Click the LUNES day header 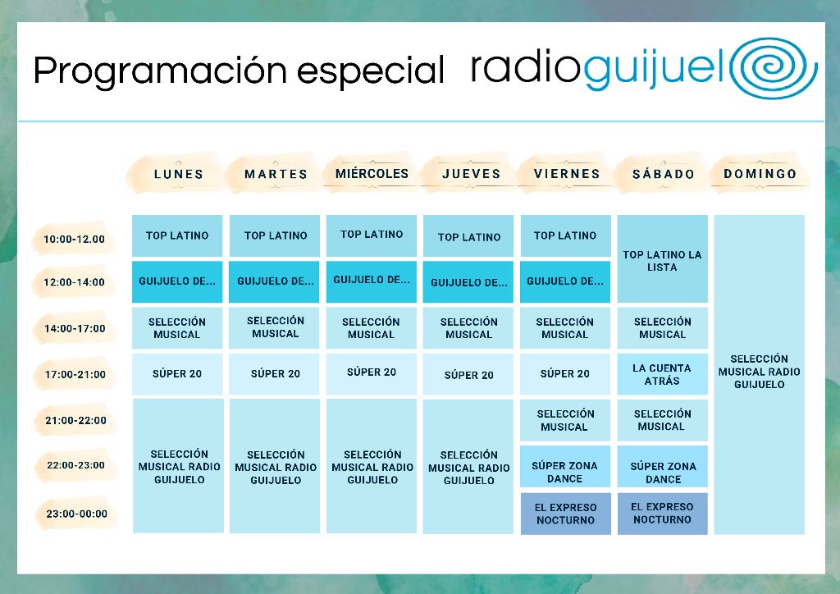coord(178,174)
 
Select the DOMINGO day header coord(760,174)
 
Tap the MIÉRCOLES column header coord(372,174)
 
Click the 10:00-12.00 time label coord(75,240)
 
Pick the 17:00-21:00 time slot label coord(75,374)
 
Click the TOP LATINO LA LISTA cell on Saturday coord(662,260)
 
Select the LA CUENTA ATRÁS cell coord(662,374)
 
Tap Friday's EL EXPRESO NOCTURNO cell coord(565,514)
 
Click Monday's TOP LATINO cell coord(177,235)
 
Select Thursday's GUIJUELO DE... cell coord(468,282)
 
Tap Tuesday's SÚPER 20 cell coord(275,374)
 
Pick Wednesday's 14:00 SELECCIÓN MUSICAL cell coord(371,328)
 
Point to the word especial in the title coord(370,72)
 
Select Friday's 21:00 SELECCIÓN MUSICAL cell coord(565,420)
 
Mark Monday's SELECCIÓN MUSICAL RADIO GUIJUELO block coord(178,466)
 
